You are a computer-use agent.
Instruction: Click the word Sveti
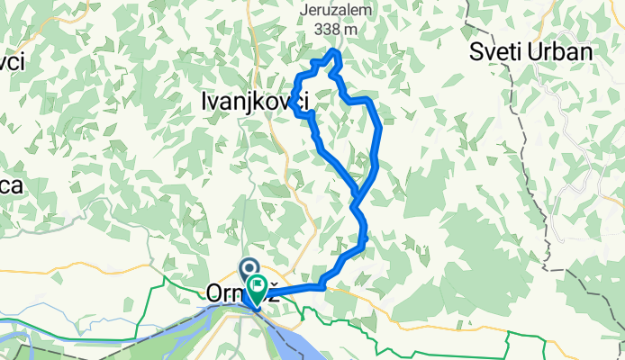(497, 51)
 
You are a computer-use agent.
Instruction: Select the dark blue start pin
(248, 269)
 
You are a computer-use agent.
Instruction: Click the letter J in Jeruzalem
(308, 11)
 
